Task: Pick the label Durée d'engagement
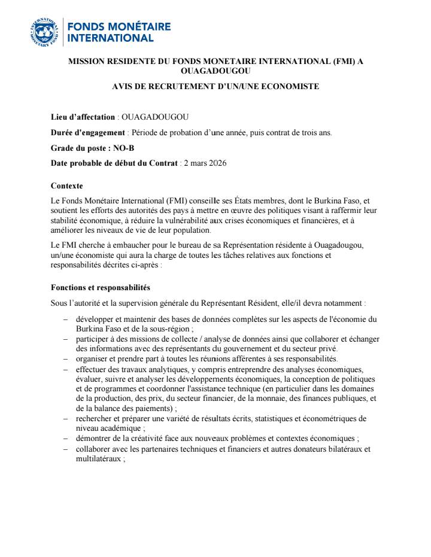click(87, 132)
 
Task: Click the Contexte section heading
click(67, 186)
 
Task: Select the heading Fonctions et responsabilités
click(101, 288)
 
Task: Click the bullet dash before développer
click(65, 319)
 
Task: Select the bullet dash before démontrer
click(65, 438)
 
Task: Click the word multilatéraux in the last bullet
click(99, 458)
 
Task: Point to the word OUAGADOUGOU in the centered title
click(215, 71)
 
